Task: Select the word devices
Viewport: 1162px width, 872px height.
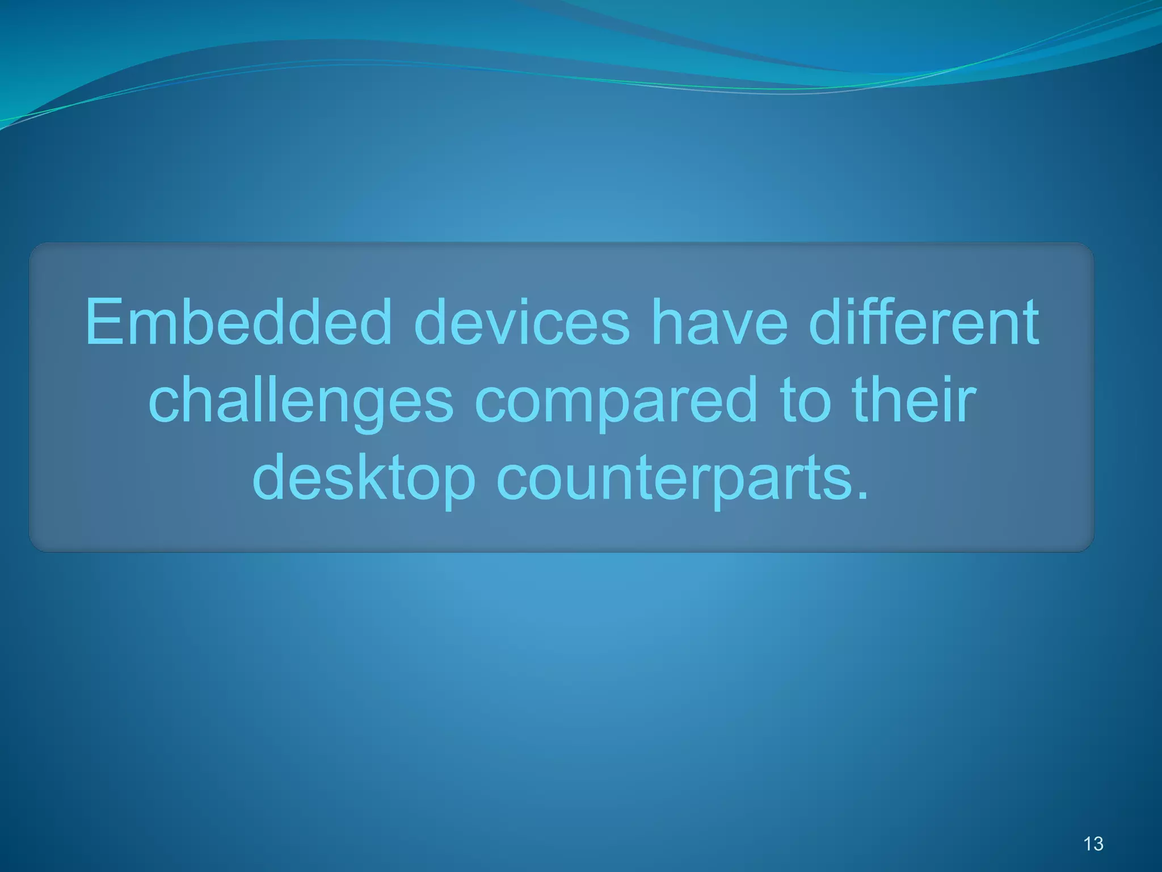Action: [x=521, y=322]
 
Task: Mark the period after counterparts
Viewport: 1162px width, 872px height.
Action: [x=862, y=496]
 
